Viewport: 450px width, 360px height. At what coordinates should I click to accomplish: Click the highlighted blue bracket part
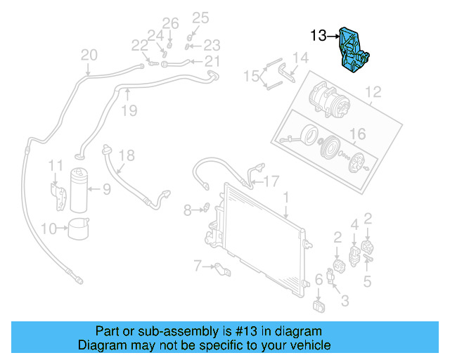coord(354,49)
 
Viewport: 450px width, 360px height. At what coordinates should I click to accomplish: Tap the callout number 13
coord(319,35)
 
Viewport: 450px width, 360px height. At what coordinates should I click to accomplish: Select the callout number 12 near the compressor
coord(373,91)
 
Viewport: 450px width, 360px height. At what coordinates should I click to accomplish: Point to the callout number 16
coord(358,134)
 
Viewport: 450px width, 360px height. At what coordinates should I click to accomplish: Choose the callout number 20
coord(89,55)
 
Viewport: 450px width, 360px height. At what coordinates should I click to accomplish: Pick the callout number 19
coord(128,110)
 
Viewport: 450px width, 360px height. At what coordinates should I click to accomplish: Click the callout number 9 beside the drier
coord(106,188)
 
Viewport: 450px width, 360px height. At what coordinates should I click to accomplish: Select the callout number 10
coord(49,229)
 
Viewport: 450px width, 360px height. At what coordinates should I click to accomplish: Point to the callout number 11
coord(56,165)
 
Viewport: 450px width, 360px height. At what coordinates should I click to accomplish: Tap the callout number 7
coord(198,265)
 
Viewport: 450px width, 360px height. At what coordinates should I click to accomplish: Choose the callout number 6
coord(319,280)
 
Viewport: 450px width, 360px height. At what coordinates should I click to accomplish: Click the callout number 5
coord(366,283)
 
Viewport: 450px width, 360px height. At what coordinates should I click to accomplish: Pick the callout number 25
coord(200,18)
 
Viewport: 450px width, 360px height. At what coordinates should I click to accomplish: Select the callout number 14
coord(300,58)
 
